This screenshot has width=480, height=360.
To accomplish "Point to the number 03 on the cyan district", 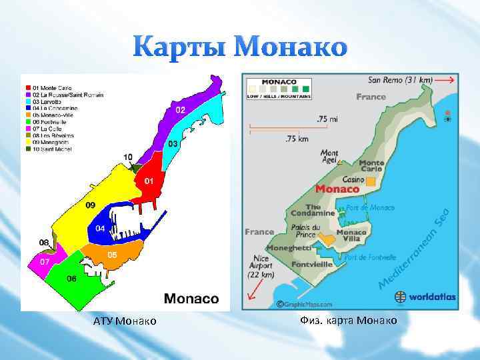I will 172,144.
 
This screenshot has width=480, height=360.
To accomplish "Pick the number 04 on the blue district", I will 99,229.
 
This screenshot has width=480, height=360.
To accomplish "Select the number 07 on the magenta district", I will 44,262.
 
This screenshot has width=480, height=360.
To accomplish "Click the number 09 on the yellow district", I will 90,204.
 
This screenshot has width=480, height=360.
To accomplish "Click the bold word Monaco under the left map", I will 191,299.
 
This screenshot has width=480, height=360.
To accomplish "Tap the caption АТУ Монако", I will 125,321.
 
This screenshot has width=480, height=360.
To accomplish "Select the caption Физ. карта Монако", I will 349,321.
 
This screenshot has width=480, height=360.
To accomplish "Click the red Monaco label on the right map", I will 337,189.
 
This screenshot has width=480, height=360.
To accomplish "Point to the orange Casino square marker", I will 371,181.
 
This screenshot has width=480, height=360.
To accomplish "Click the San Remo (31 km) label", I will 400,80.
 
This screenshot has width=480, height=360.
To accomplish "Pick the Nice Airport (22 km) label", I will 261,266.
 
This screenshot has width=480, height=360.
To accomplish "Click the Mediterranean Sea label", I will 415,249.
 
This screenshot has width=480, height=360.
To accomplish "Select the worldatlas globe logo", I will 401,297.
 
